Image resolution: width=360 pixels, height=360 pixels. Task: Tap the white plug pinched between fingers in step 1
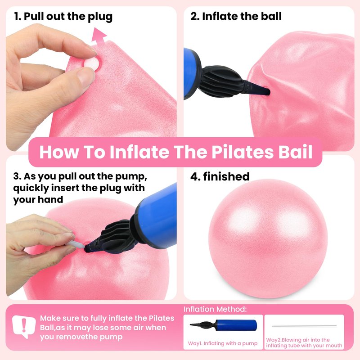(92, 63)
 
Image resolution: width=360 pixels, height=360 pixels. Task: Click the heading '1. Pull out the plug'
(63, 17)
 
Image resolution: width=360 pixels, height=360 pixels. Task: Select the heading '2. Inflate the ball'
(236, 16)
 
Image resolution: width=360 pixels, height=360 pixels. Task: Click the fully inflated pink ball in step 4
(268, 239)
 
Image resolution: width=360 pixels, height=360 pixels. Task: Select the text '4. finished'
(220, 176)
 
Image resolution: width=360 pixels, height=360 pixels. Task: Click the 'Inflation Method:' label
(215, 309)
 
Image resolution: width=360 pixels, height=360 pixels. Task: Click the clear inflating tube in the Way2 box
(304, 326)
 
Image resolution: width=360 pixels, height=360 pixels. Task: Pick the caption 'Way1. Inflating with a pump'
(223, 343)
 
